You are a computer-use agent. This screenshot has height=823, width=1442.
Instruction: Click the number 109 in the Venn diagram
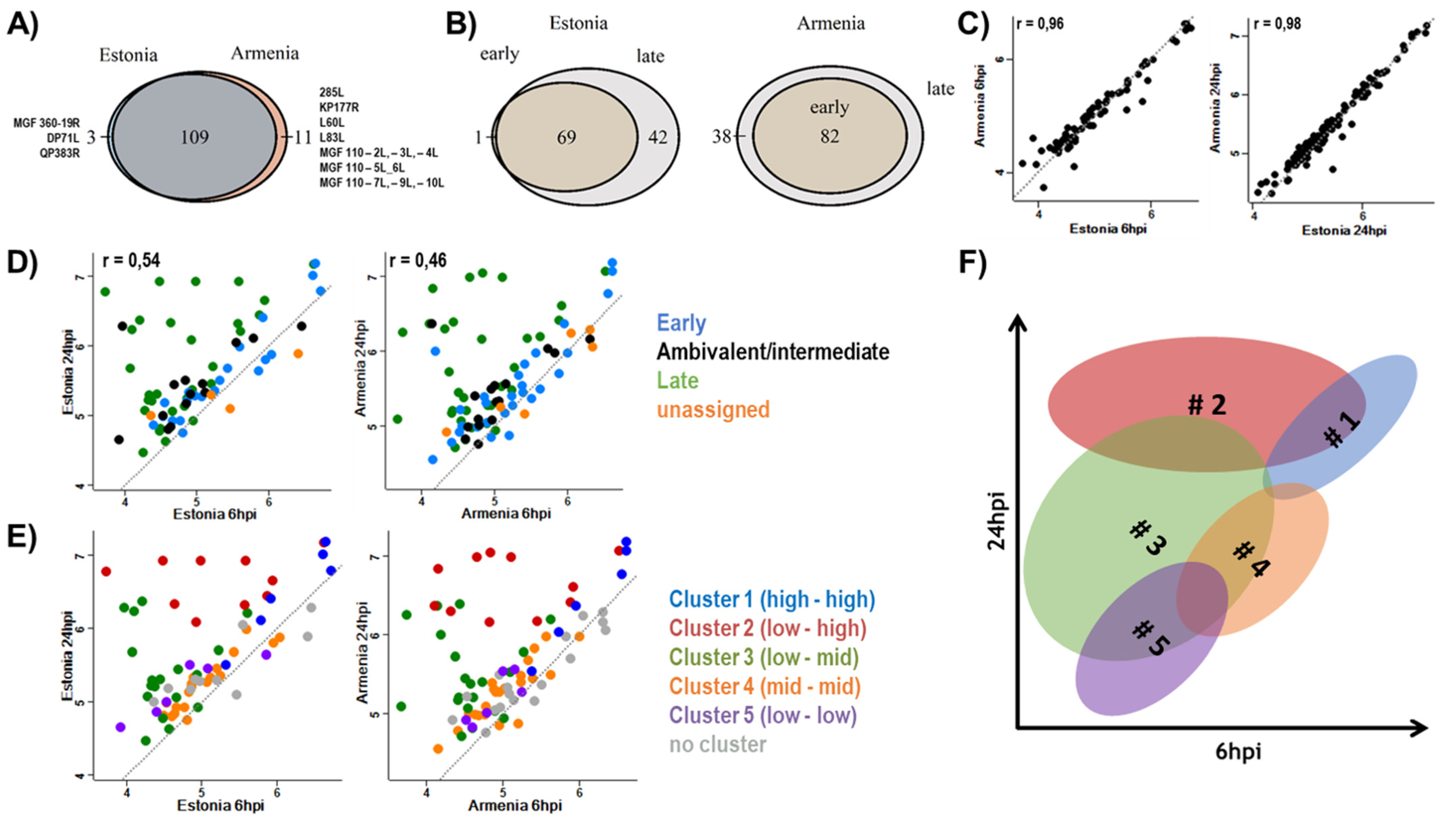194,137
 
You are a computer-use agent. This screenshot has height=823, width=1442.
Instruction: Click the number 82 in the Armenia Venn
829,137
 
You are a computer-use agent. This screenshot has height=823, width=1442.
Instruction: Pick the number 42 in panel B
658,137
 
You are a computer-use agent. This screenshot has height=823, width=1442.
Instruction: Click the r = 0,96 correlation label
1040,24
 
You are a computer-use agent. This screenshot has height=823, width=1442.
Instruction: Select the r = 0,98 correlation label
1277,24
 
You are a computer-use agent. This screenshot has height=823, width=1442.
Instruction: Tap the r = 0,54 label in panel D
131,261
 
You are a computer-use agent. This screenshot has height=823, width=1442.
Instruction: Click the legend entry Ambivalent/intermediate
772,352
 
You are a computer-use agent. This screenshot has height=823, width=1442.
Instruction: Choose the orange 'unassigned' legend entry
713,410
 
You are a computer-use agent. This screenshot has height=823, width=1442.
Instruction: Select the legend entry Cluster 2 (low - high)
767,628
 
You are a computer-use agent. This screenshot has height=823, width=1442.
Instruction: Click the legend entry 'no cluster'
717,744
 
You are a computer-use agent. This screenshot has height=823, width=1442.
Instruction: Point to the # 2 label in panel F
1207,405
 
